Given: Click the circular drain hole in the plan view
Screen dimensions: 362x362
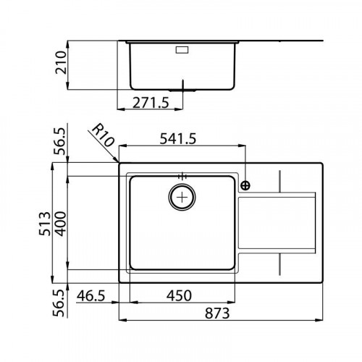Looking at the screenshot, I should [181, 195].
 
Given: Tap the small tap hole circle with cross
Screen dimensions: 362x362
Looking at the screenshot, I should [245, 185].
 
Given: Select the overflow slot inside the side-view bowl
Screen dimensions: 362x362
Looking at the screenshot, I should [181, 50].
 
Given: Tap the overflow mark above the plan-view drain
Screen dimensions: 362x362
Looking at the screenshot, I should [181, 175].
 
